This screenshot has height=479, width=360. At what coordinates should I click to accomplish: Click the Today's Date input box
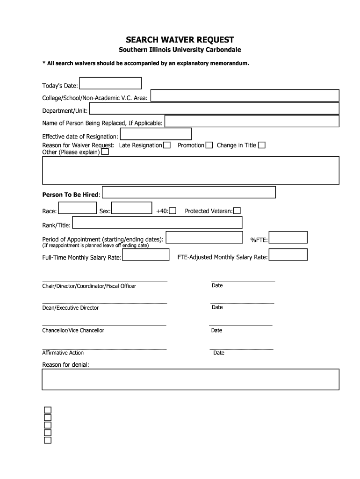pyautogui.click(x=110, y=83)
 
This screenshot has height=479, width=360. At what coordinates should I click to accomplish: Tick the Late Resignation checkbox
pyautogui.click(x=167, y=145)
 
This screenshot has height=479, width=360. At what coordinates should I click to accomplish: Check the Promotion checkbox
pyautogui.click(x=209, y=145)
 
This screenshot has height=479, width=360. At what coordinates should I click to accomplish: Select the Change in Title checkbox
pyautogui.click(x=262, y=145)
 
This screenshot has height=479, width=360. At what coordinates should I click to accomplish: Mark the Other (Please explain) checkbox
pyautogui.click(x=105, y=152)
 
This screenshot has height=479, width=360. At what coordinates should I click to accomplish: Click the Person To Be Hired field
pyautogui.click(x=189, y=192)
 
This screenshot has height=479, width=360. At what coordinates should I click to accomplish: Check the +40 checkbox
pyautogui.click(x=173, y=211)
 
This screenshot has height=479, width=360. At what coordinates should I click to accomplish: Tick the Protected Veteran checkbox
pyautogui.click(x=237, y=211)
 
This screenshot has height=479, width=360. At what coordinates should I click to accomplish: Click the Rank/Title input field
pyautogui.click(x=157, y=223)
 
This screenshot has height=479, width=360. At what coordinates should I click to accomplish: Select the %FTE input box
pyautogui.click(x=288, y=237)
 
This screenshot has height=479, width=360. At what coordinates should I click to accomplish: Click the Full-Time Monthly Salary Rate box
pyautogui.click(x=146, y=255)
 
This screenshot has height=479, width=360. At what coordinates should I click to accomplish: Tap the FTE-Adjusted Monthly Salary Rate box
pyautogui.click(x=288, y=255)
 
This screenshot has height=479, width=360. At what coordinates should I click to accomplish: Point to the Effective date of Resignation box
pyautogui.click(x=156, y=134)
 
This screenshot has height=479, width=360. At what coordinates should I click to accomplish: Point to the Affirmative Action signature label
pyautogui.click(x=63, y=353)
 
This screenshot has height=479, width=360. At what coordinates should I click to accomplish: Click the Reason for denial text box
pyautogui.click(x=190, y=379)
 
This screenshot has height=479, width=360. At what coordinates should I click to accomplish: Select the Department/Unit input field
pyautogui.click(x=214, y=109)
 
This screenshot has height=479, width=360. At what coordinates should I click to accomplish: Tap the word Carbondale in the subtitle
pyautogui.click(x=221, y=50)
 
